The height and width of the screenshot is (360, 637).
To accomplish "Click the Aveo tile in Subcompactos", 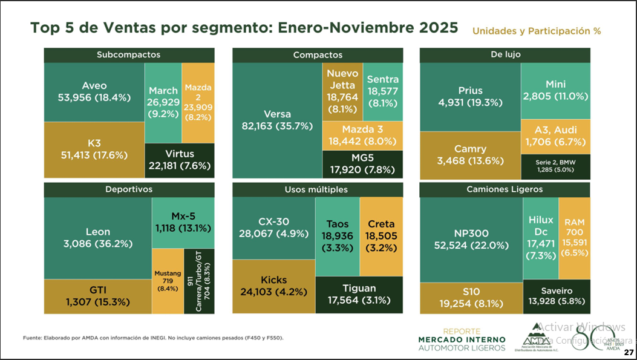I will (x=94, y=91).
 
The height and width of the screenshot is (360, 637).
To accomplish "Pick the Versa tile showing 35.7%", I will (x=277, y=120).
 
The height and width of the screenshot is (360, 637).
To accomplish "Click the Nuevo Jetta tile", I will (x=342, y=91).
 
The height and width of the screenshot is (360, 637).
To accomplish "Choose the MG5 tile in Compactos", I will (x=362, y=163).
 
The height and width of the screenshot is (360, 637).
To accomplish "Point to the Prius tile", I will (x=470, y=97).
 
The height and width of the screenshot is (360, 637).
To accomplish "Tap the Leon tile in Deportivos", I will (x=97, y=237).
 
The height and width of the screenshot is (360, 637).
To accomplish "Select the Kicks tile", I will (x=274, y=286).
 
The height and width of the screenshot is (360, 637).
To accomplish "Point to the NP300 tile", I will (x=471, y=239).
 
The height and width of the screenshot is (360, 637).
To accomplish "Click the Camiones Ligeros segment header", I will (x=505, y=189).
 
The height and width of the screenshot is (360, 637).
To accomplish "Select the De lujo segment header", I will (x=505, y=55).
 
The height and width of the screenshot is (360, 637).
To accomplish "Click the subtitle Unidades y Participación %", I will (x=536, y=31).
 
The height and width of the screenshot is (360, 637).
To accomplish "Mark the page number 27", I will (x=629, y=352).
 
